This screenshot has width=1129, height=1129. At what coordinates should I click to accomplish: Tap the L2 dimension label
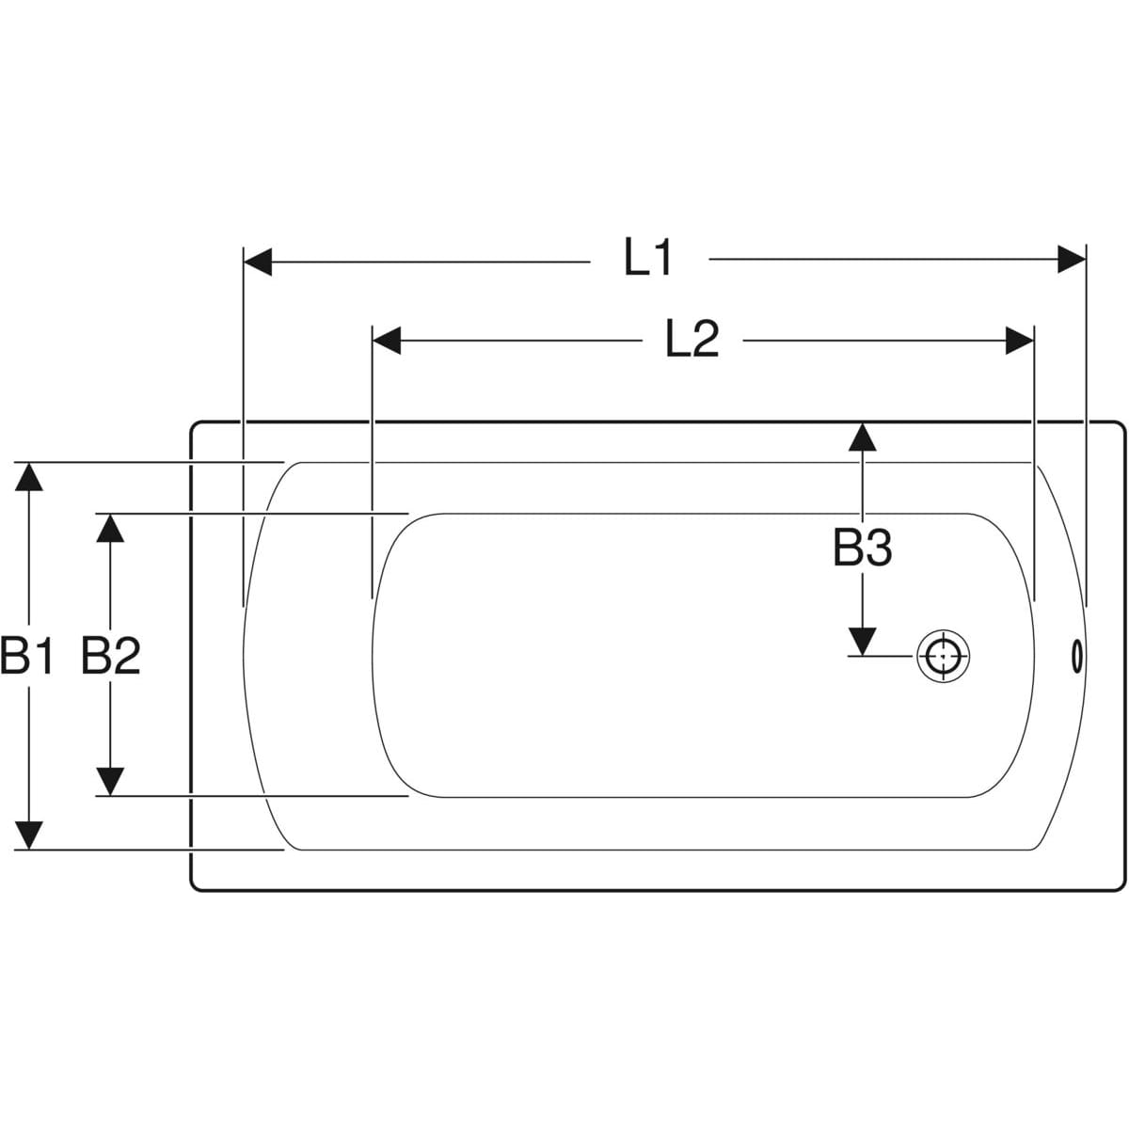[x=692, y=340]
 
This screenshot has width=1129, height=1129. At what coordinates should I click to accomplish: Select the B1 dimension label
[x=27, y=656]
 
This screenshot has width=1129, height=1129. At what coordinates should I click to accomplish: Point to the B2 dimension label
[x=111, y=656]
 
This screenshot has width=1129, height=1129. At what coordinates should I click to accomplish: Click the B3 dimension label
[x=863, y=548]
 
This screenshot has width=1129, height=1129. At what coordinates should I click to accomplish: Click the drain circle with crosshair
[x=944, y=656]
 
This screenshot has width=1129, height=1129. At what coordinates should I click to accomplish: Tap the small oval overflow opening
[x=1076, y=657]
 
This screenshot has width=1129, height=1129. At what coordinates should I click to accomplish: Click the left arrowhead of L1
[x=257, y=262]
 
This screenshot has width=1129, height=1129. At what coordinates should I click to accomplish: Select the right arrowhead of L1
[x=1072, y=259]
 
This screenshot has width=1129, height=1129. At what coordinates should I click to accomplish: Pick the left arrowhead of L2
[x=387, y=341]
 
